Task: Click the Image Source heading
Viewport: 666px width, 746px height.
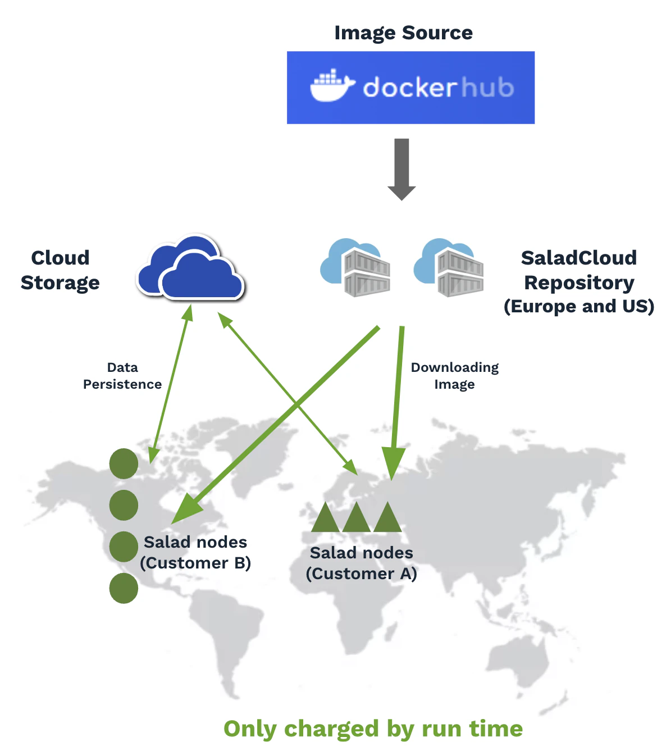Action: pyautogui.click(x=403, y=33)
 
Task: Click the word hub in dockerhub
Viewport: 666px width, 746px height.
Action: pyautogui.click(x=487, y=88)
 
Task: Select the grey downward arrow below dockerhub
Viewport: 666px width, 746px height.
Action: pyautogui.click(x=402, y=169)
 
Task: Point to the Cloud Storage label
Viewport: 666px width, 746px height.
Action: pyautogui.click(x=60, y=270)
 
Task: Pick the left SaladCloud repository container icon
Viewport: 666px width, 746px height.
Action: pyautogui.click(x=356, y=268)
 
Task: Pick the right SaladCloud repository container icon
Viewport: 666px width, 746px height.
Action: pyautogui.click(x=449, y=268)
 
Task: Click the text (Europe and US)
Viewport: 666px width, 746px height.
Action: pyautogui.click(x=579, y=307)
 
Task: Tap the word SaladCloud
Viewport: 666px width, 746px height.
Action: pyautogui.click(x=579, y=258)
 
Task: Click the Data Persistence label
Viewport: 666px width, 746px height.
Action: pyautogui.click(x=122, y=376)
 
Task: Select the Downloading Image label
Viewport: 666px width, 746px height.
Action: pyautogui.click(x=455, y=376)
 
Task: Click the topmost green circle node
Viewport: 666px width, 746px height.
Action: pyautogui.click(x=124, y=463)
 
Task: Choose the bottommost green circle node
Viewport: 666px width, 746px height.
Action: pyautogui.click(x=124, y=589)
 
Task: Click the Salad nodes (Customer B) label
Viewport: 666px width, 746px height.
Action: pyautogui.click(x=195, y=552)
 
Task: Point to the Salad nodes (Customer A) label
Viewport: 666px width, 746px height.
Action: pyautogui.click(x=362, y=563)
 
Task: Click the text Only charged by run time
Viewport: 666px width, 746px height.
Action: pyautogui.click(x=373, y=729)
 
